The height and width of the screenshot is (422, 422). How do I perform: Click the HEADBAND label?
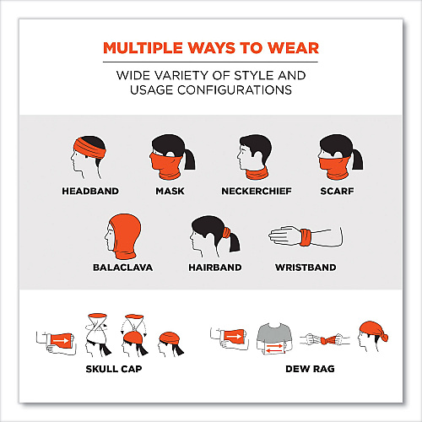click(90, 191)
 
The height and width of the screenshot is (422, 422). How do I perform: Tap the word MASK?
click(170, 191)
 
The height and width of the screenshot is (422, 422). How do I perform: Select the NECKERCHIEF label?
click(257, 191)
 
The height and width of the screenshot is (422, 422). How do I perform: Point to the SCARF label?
click(337, 191)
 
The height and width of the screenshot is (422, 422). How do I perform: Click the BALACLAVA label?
click(123, 268)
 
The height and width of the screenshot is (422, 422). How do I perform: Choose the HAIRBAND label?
click(215, 268)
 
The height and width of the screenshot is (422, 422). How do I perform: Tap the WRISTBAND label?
click(306, 268)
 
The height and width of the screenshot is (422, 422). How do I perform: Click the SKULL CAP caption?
click(114, 369)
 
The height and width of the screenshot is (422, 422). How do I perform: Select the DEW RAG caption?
click(310, 369)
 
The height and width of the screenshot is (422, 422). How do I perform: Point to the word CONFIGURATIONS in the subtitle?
click(235, 90)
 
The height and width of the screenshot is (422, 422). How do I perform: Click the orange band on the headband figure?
click(90, 149)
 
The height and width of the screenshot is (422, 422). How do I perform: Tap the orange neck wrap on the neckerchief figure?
click(257, 173)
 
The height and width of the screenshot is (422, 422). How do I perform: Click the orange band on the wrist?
click(306, 238)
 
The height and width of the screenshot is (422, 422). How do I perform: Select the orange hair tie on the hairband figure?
click(226, 233)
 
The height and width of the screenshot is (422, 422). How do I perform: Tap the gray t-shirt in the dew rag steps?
click(274, 336)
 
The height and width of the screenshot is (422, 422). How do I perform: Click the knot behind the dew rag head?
click(385, 336)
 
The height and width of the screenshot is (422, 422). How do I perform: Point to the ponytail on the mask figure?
click(190, 159)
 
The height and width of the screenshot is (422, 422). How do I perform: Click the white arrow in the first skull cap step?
click(62, 341)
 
